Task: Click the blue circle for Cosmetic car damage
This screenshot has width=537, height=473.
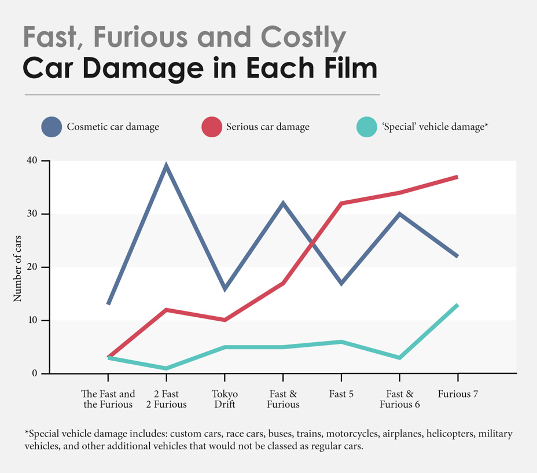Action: (51, 127)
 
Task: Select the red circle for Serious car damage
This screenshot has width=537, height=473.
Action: (211, 127)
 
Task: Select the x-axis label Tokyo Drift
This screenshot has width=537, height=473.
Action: (225, 399)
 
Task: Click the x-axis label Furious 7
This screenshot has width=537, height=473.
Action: (458, 394)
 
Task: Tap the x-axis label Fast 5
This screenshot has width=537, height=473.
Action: (341, 394)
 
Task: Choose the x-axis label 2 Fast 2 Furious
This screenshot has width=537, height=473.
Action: (166, 399)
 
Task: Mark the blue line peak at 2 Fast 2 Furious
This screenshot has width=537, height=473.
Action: (166, 166)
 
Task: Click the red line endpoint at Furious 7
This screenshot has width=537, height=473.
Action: (457, 177)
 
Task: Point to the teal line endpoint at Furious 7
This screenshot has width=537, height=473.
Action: (457, 305)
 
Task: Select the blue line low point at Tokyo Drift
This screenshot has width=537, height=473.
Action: (225, 289)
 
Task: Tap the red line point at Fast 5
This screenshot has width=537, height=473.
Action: (341, 203)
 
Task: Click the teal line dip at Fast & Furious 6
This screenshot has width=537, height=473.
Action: (399, 358)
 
